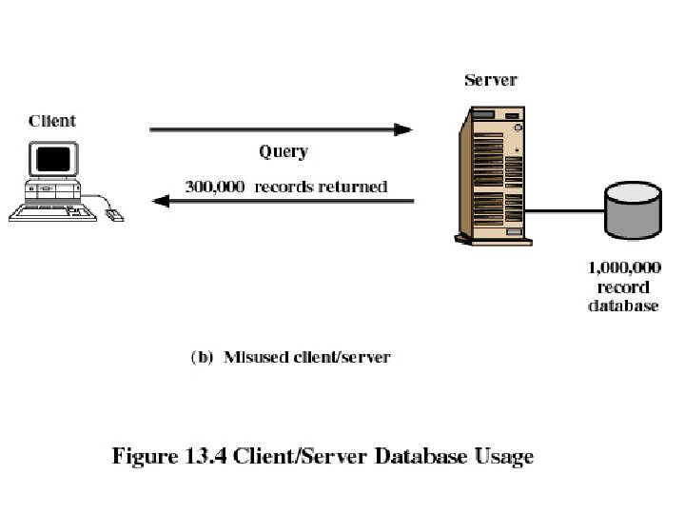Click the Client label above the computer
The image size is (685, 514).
click(52, 121)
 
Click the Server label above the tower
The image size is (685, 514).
click(490, 79)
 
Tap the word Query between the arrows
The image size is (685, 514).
click(284, 151)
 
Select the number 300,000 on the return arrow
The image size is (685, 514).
click(212, 187)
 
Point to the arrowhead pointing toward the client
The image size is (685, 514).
click(163, 201)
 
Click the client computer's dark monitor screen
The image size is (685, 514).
click(56, 158)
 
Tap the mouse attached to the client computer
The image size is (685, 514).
click(114, 216)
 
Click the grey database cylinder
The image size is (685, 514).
click(631, 211)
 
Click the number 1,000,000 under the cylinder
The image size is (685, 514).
click(623, 269)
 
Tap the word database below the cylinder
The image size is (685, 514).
click(623, 306)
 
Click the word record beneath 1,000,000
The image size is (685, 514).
click(623, 287)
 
